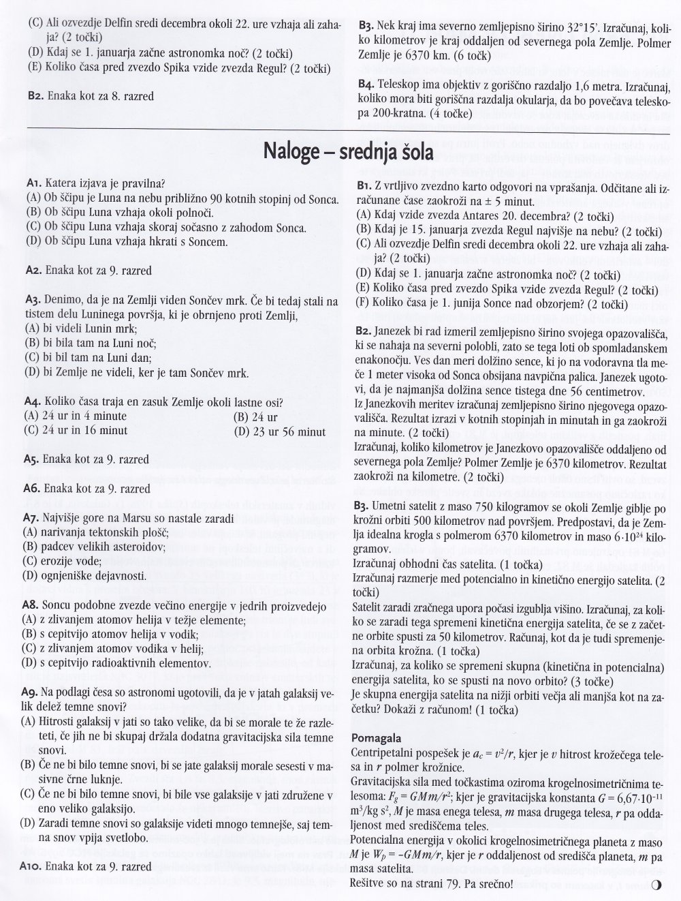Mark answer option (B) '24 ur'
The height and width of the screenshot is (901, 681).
[x=255, y=416]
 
